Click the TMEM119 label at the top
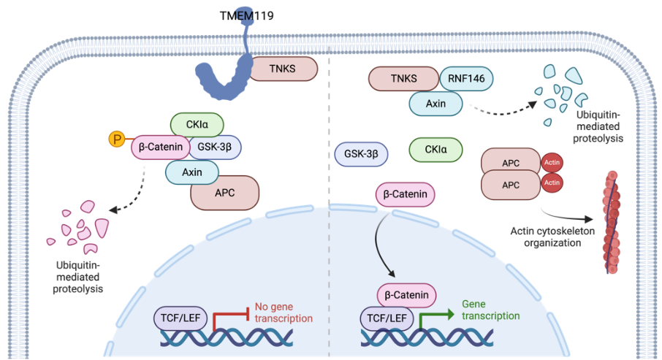click(246, 15)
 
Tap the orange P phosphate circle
click(116, 139)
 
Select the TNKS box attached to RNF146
click(403, 79)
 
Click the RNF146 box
click(466, 79)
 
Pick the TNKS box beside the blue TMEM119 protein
click(283, 69)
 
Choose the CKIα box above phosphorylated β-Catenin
click(197, 125)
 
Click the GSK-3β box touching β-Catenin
click(215, 147)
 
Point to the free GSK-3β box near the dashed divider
click(361, 154)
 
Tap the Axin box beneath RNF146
click(435, 104)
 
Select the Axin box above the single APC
click(192, 172)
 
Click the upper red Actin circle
click(552, 163)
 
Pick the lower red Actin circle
click(552, 183)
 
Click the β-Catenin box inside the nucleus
click(406, 295)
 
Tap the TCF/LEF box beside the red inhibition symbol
click(180, 318)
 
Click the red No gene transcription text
click(284, 313)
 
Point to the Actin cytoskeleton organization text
click(552, 237)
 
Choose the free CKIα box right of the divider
click(435, 150)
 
